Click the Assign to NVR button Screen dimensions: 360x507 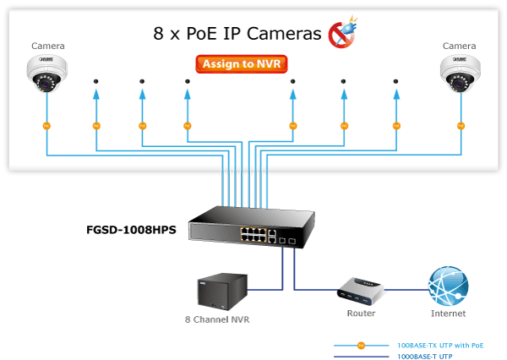point(242,63)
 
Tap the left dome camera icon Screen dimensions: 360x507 point(47,74)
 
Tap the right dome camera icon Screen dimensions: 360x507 point(460,74)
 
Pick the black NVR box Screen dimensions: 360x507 point(217,292)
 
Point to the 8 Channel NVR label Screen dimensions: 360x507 point(217,320)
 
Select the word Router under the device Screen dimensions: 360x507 point(361,314)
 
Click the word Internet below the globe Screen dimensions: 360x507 point(448,314)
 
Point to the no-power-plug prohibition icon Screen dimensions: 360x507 point(341,35)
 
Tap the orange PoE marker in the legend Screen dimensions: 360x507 point(361,345)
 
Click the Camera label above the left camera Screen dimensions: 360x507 point(47,46)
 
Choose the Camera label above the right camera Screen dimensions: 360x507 point(460,46)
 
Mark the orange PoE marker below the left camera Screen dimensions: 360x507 point(47,126)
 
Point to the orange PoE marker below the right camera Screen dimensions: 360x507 point(461,126)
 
